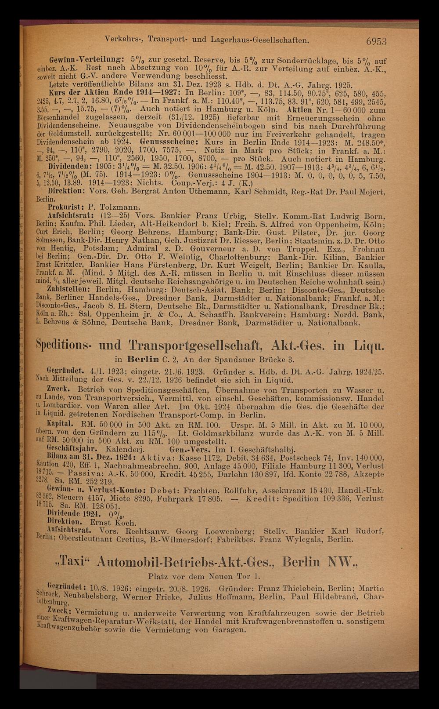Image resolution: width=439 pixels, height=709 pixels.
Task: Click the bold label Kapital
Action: coord(62,425)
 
